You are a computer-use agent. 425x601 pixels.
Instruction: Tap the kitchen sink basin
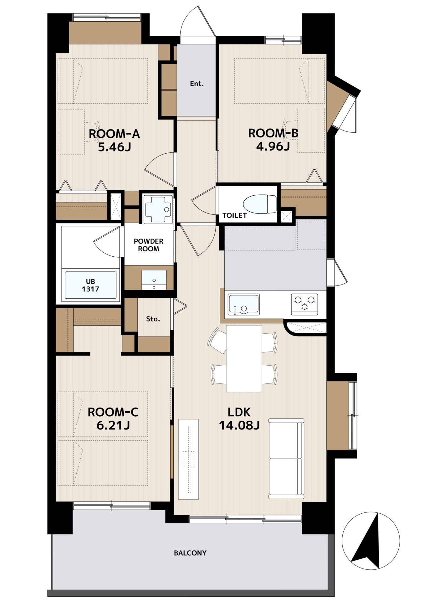(243, 304)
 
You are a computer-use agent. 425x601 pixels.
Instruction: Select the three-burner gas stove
(304, 304)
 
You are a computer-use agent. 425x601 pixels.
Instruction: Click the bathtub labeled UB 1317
(90, 285)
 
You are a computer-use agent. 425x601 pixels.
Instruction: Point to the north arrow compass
(371, 541)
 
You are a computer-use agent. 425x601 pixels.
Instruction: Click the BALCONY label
(190, 553)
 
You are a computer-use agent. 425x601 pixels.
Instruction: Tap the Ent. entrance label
(197, 84)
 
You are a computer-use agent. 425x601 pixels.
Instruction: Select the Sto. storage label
(153, 319)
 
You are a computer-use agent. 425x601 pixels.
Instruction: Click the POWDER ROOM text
(149, 245)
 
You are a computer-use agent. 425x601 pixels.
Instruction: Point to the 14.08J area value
(239, 425)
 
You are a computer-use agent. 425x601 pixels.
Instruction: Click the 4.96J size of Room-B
(273, 146)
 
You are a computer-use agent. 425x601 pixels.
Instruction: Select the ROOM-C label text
(113, 412)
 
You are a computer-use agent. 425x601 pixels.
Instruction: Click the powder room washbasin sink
(154, 280)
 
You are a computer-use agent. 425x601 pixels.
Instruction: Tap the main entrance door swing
(198, 22)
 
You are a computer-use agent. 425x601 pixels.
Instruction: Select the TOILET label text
(234, 215)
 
